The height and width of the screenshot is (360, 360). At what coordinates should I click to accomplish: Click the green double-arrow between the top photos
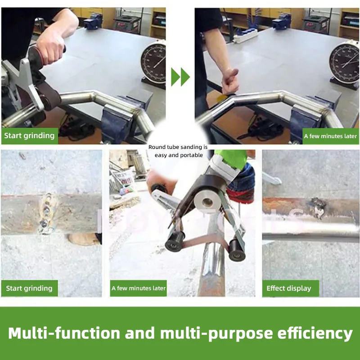(180, 77)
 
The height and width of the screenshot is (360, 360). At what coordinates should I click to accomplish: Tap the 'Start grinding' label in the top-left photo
(29, 136)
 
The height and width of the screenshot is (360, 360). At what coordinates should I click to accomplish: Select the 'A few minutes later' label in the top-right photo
(330, 136)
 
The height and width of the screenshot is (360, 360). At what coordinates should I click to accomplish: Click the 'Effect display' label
(290, 288)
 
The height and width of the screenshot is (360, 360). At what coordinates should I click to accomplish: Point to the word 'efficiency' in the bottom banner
(315, 333)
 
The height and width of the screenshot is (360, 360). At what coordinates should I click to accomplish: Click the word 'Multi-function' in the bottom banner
(64, 333)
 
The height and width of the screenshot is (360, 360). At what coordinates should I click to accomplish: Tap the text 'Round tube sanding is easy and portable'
(178, 151)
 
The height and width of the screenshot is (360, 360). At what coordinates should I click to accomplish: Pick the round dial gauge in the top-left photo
(154, 63)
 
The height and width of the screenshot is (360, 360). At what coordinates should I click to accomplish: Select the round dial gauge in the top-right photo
(344, 62)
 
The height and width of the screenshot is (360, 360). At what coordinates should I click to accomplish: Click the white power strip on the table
(245, 36)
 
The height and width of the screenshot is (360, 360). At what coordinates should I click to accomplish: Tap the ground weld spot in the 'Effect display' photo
(318, 207)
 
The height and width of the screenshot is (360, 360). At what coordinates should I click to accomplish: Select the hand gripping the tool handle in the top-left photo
(50, 50)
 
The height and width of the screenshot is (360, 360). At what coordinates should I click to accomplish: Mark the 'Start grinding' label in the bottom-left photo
(29, 288)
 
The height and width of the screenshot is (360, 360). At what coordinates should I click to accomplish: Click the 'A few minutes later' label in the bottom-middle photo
(139, 288)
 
